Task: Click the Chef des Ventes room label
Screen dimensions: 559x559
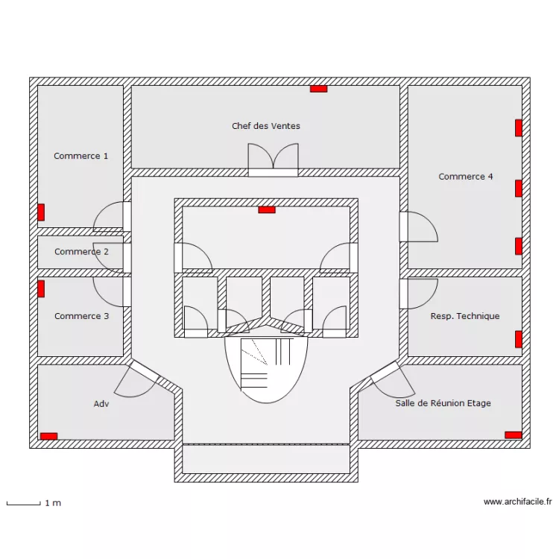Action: pyautogui.click(x=266, y=126)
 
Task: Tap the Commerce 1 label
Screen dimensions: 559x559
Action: pyautogui.click(x=80, y=156)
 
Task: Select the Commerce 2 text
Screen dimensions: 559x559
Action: pyautogui.click(x=81, y=252)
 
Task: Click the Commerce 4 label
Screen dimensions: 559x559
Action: pyautogui.click(x=465, y=177)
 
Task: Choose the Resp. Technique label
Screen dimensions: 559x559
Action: pyautogui.click(x=465, y=316)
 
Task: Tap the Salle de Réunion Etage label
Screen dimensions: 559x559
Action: pyautogui.click(x=443, y=403)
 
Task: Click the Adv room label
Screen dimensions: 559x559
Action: pyautogui.click(x=101, y=403)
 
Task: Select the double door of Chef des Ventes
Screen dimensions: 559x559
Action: pyautogui.click(x=273, y=158)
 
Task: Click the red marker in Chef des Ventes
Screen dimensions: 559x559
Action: pyautogui.click(x=319, y=89)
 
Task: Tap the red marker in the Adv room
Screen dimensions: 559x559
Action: pyautogui.click(x=48, y=436)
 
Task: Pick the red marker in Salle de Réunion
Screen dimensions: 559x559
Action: pyautogui.click(x=513, y=435)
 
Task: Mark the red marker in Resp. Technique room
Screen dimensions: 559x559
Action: pyautogui.click(x=518, y=339)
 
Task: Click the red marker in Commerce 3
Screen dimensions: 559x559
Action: pyautogui.click(x=42, y=288)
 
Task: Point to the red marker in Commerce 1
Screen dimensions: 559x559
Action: pyautogui.click(x=42, y=212)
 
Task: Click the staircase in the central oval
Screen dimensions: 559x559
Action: pyautogui.click(x=265, y=365)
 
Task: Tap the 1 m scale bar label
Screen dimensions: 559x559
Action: pyautogui.click(x=53, y=503)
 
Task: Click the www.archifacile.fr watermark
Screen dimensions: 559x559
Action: pyautogui.click(x=517, y=502)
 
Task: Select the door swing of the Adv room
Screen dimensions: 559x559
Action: pyautogui.click(x=134, y=380)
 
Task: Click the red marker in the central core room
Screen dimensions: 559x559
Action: pyautogui.click(x=266, y=209)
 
